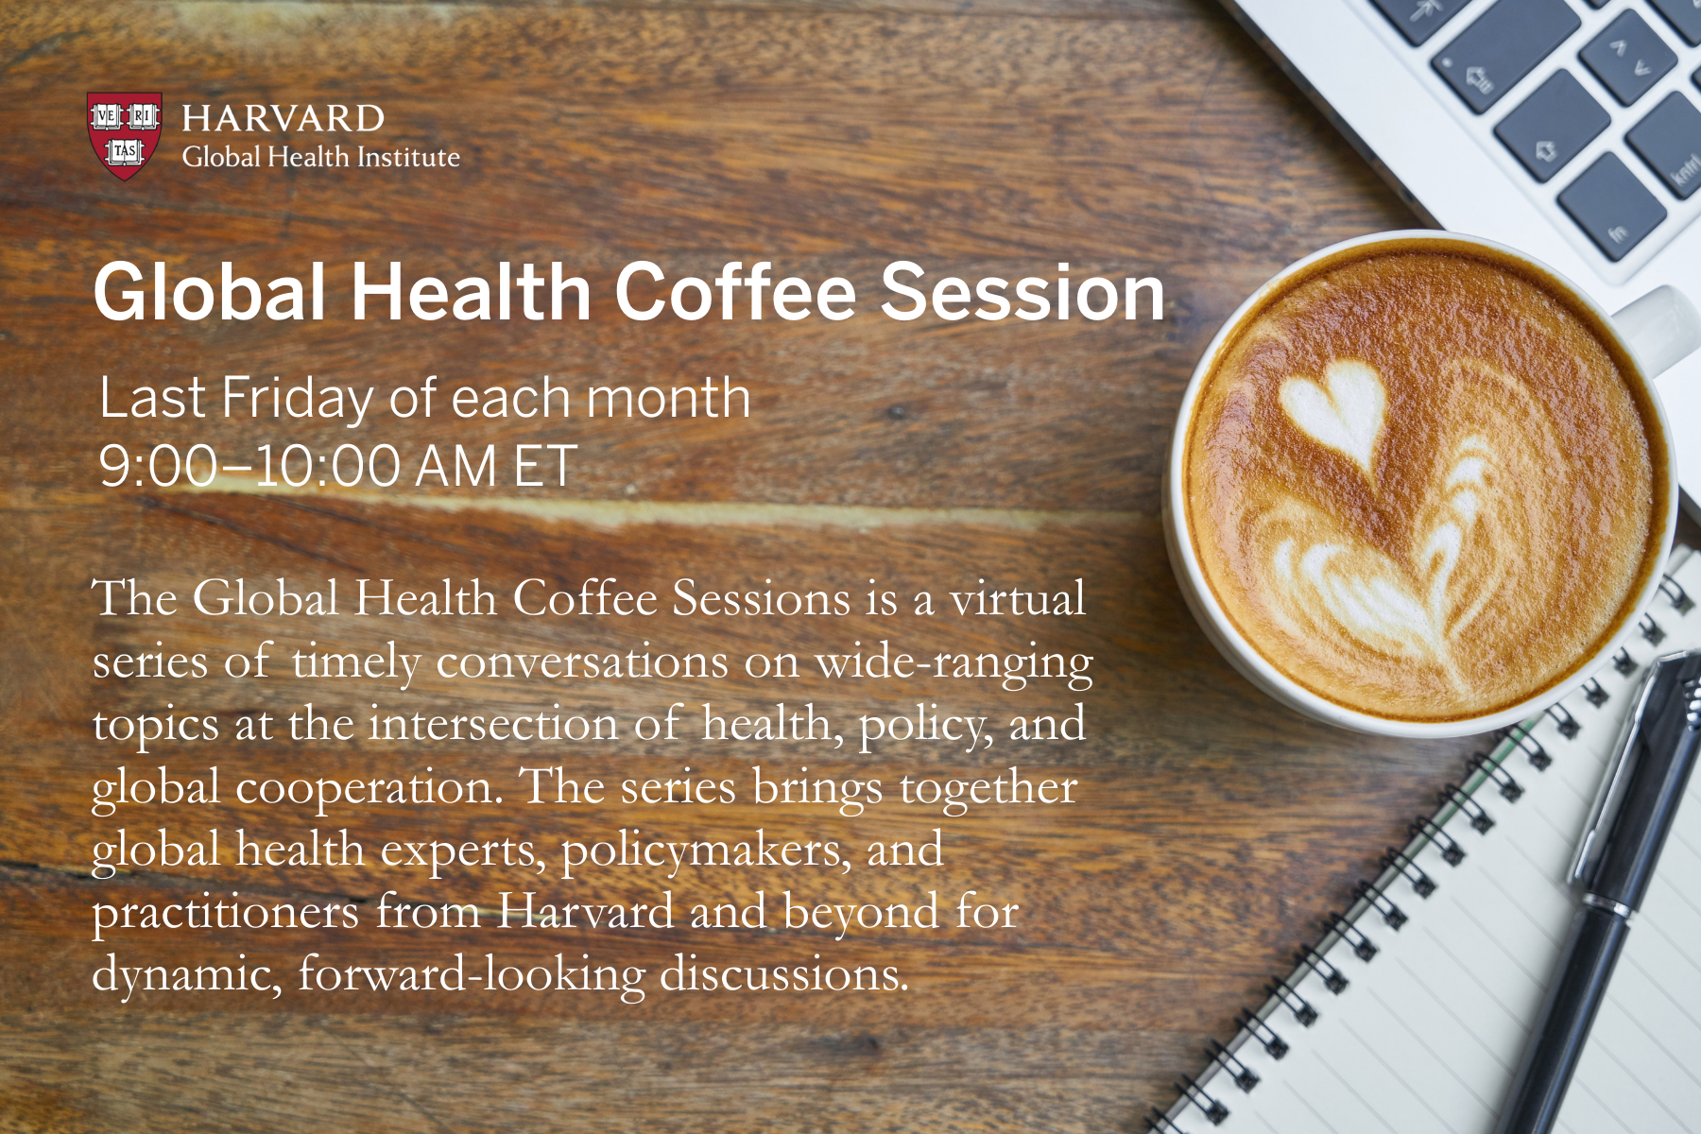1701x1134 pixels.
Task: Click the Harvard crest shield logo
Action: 124,135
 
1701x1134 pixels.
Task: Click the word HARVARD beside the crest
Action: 283,118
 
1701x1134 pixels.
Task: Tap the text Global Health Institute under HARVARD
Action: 320,157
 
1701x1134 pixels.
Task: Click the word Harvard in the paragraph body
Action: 585,912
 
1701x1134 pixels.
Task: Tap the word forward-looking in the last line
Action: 472,974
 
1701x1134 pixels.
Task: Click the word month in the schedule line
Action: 668,397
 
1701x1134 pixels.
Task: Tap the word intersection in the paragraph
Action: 492,725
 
